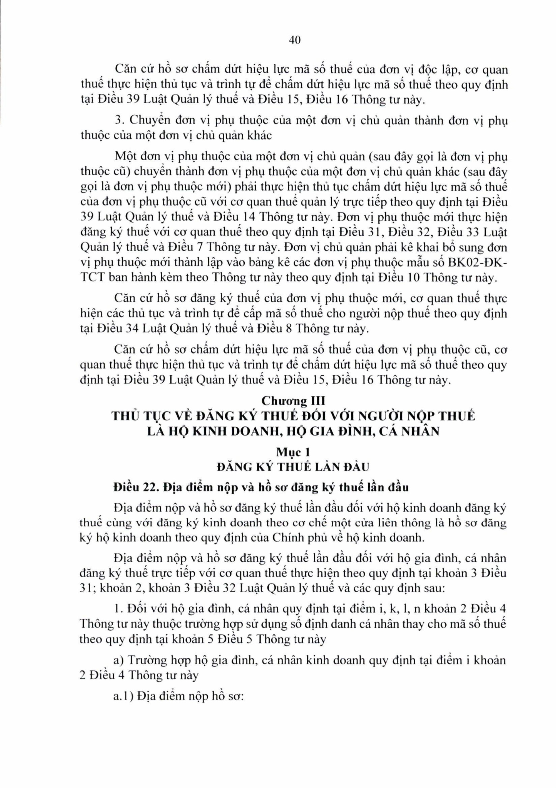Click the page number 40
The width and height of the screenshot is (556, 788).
295,41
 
